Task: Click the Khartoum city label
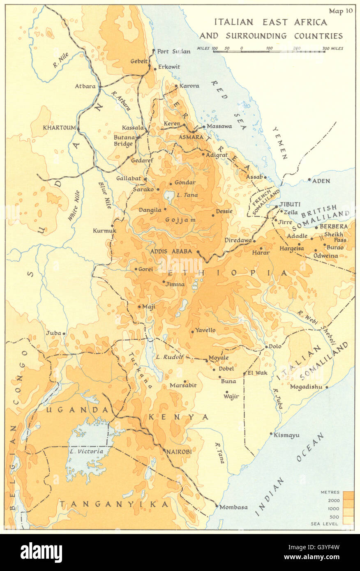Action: coord(59,128)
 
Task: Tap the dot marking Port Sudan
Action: coord(154,51)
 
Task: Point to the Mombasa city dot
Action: coord(217,506)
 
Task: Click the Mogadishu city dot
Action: coord(327,387)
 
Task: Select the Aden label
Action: coord(321,181)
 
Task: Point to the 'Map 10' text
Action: coord(341,12)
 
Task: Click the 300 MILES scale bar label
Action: coord(332,48)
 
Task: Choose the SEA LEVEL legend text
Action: coord(327,524)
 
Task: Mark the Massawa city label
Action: coord(219,126)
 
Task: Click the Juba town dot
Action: coord(64,334)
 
